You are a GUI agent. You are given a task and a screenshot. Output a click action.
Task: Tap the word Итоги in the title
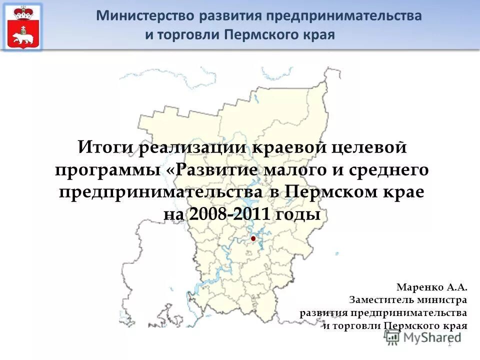coord(104,148)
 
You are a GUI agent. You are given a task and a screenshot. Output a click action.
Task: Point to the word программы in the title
coord(106,170)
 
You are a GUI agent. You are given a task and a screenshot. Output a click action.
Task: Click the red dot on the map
coord(253,238)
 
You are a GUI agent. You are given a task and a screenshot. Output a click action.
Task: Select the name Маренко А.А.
coord(432,287)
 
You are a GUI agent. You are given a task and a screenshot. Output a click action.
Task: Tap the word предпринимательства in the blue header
coord(343,15)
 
